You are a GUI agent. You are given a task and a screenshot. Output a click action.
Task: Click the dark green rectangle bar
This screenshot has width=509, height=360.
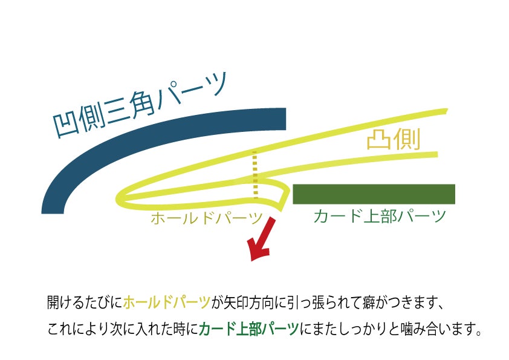[374, 194]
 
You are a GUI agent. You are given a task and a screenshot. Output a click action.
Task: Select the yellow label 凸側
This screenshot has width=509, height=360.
[394, 140]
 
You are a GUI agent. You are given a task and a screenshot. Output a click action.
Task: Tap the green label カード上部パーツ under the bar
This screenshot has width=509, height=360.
[380, 216]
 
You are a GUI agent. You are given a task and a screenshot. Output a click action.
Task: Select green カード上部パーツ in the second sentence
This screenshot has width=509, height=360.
[248, 330]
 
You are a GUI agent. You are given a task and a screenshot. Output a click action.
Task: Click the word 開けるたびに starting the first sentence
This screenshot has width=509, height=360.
[84, 301]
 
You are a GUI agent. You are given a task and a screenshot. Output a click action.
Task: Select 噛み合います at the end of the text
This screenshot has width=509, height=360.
[438, 330]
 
